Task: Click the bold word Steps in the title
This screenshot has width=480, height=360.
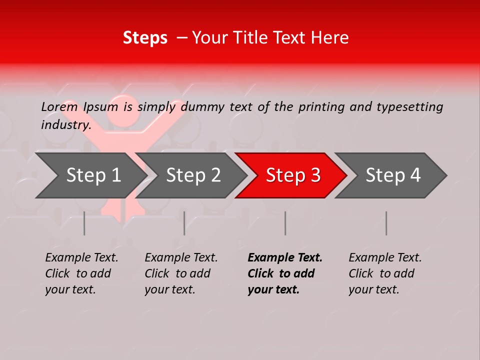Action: tap(145, 38)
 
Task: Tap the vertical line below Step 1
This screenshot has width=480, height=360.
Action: tap(84, 223)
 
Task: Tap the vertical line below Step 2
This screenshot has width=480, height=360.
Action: tap(184, 223)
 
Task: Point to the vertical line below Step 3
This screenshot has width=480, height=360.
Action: tap(285, 223)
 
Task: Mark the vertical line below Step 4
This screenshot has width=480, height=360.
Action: tap(386, 223)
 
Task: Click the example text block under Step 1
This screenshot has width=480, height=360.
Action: tap(81, 273)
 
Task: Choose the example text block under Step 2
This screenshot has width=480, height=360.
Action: tap(181, 273)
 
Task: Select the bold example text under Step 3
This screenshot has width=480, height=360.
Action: tap(285, 273)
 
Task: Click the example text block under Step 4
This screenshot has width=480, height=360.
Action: tap(385, 273)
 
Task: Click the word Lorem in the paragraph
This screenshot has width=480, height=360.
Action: tap(59, 107)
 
